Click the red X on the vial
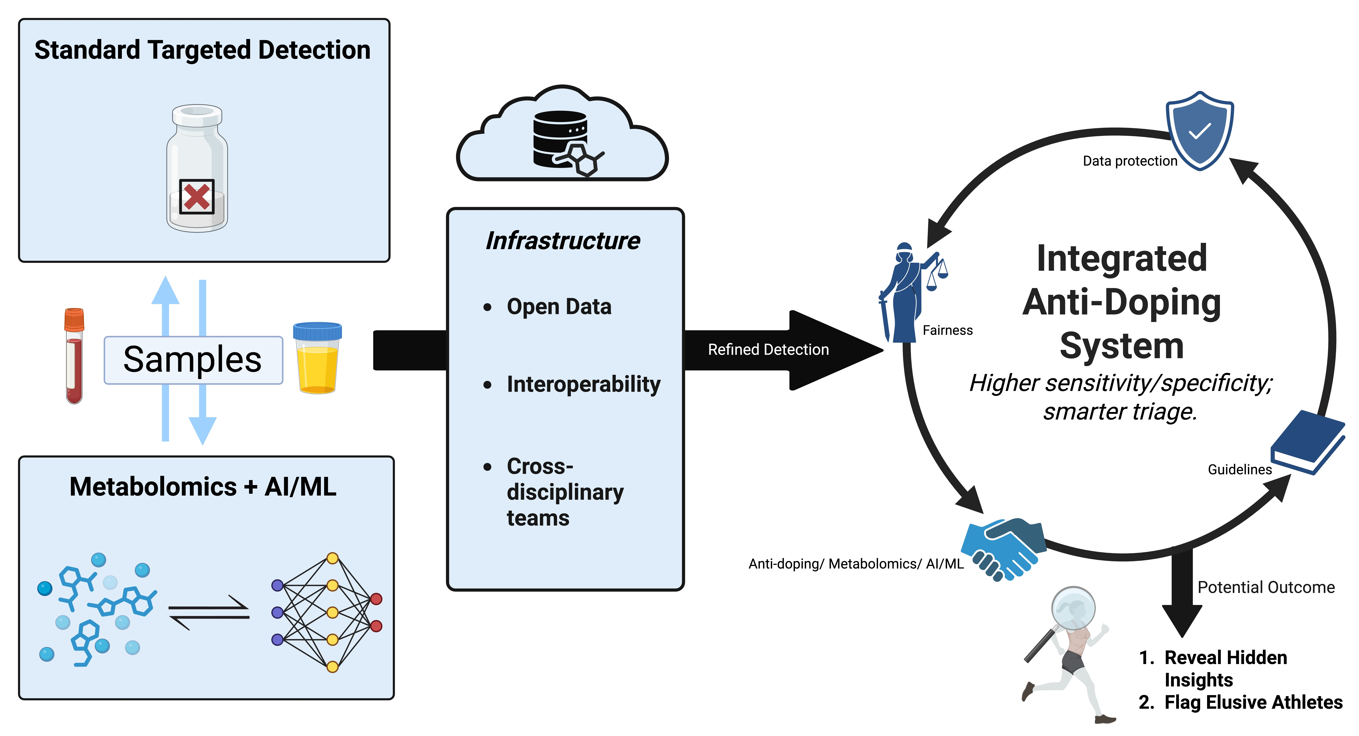click(x=197, y=197)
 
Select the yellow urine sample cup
click(x=317, y=359)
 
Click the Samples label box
click(x=193, y=360)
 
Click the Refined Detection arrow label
click(x=768, y=349)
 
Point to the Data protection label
click(x=1130, y=161)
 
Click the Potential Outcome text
click(x=1266, y=587)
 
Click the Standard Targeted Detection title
click(x=203, y=50)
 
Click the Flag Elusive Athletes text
click(x=1253, y=702)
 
